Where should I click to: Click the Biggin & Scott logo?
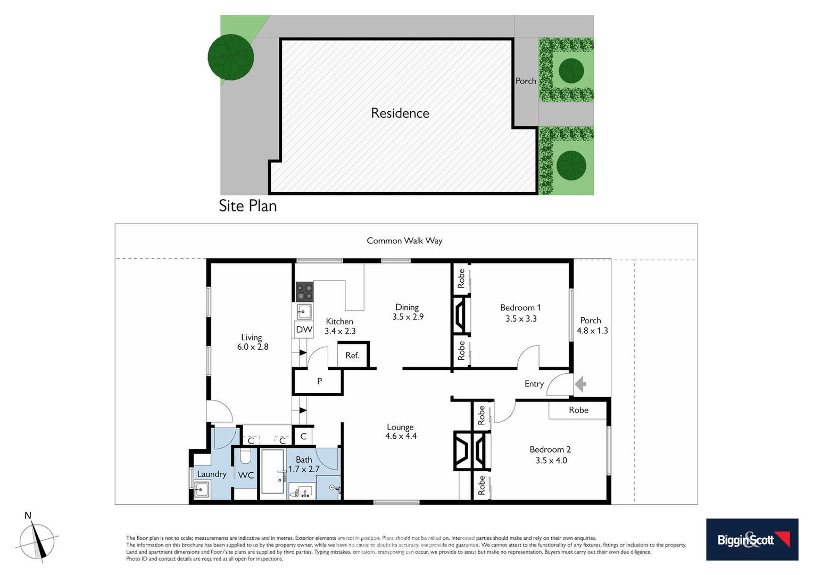[752, 539]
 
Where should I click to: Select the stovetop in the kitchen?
[305, 292]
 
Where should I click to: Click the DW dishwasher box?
[304, 330]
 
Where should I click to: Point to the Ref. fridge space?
[352, 355]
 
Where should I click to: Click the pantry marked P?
[319, 381]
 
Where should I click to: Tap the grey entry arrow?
[580, 383]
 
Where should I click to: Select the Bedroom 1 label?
[520, 308]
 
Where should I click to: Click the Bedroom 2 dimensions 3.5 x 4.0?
[551, 461]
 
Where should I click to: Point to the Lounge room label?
[400, 427]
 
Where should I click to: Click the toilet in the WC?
[245, 456]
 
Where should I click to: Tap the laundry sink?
[202, 489]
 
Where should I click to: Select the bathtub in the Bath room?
[273, 472]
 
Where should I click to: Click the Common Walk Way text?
[404, 241]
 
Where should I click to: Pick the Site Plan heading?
[248, 206]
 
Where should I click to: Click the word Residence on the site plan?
[400, 113]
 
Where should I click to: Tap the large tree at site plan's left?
[231, 57]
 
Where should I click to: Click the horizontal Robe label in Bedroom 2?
[578, 410]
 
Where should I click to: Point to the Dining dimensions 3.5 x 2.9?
[408, 317]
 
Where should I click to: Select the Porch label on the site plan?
[526, 81]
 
